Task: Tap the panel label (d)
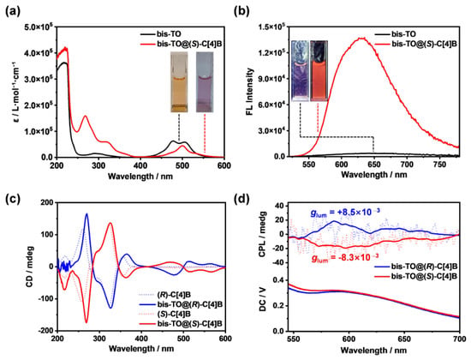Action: (242, 199)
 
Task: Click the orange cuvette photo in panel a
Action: (179, 82)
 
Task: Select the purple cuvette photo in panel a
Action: (205, 82)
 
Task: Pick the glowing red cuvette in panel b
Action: (319, 70)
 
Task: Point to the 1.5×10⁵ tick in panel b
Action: (271, 27)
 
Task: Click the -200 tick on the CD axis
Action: (46, 331)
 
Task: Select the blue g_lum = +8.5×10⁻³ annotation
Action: (345, 213)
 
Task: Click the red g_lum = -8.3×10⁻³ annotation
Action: (345, 258)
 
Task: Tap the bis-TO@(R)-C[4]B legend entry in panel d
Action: (415, 267)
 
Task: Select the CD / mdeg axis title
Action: (29, 267)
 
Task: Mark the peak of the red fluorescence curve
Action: (361, 38)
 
